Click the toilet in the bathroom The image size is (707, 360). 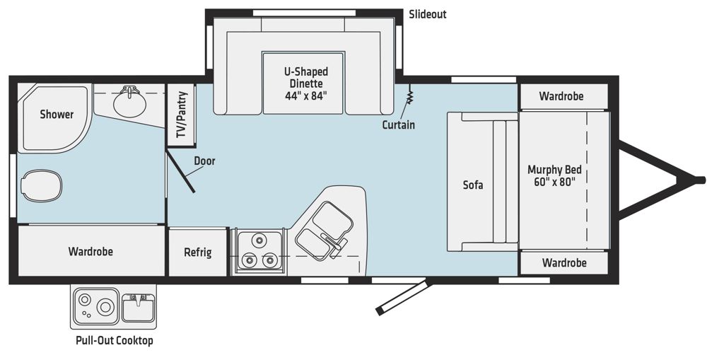42,185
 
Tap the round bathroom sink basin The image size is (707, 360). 130,103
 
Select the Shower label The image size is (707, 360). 57,114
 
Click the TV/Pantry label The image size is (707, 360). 182,115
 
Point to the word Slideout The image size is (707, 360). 428,14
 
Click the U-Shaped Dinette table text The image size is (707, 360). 305,83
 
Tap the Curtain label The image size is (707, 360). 398,124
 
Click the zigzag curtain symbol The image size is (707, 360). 410,95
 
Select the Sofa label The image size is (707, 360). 473,185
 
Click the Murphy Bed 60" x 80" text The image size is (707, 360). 554,175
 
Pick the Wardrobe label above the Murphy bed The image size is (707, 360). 561,96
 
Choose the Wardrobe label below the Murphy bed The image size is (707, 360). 564,262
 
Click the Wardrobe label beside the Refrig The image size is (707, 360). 90,251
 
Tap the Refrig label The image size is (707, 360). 198,252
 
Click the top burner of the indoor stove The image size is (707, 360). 259,240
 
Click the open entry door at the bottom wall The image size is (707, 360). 404,298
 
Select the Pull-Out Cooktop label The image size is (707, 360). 115,340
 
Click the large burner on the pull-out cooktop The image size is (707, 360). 106,307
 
